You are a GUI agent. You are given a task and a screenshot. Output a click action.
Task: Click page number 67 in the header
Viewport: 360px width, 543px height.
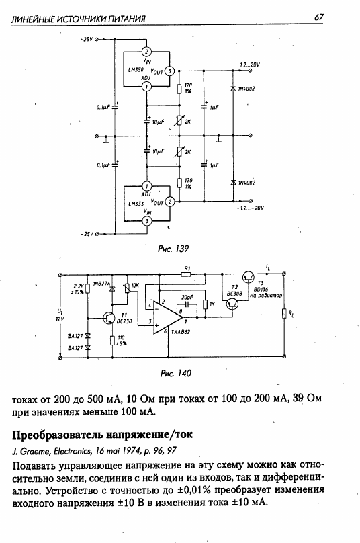(318, 17)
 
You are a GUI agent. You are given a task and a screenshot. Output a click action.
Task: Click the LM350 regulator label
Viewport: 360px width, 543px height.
(136, 70)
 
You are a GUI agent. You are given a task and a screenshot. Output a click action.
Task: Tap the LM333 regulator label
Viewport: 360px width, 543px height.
(136, 204)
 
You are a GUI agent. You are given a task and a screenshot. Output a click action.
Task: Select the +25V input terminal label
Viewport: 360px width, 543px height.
(86, 39)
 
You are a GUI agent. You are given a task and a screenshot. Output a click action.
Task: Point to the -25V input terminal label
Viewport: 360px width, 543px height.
(87, 234)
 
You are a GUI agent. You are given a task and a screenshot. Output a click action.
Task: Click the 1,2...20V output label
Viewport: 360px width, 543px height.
(250, 65)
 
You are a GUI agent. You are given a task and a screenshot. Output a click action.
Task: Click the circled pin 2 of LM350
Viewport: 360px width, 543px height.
(147, 52)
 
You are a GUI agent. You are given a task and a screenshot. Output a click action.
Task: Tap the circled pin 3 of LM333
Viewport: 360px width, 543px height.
(148, 221)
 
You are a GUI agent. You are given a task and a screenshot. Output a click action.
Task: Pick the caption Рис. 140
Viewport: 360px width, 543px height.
(175, 373)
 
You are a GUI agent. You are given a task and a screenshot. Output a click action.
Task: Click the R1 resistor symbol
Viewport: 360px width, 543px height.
(186, 274)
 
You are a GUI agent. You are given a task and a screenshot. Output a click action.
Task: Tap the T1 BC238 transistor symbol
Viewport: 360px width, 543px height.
(109, 318)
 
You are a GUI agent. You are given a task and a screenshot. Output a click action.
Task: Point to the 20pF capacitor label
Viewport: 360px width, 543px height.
(187, 297)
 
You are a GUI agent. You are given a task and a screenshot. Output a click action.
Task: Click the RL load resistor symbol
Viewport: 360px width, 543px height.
(284, 314)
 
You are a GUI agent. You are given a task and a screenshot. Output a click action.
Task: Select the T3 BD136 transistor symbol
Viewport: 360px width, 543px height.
(249, 276)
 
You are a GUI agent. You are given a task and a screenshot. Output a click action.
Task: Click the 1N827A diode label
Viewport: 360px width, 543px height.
(101, 284)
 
